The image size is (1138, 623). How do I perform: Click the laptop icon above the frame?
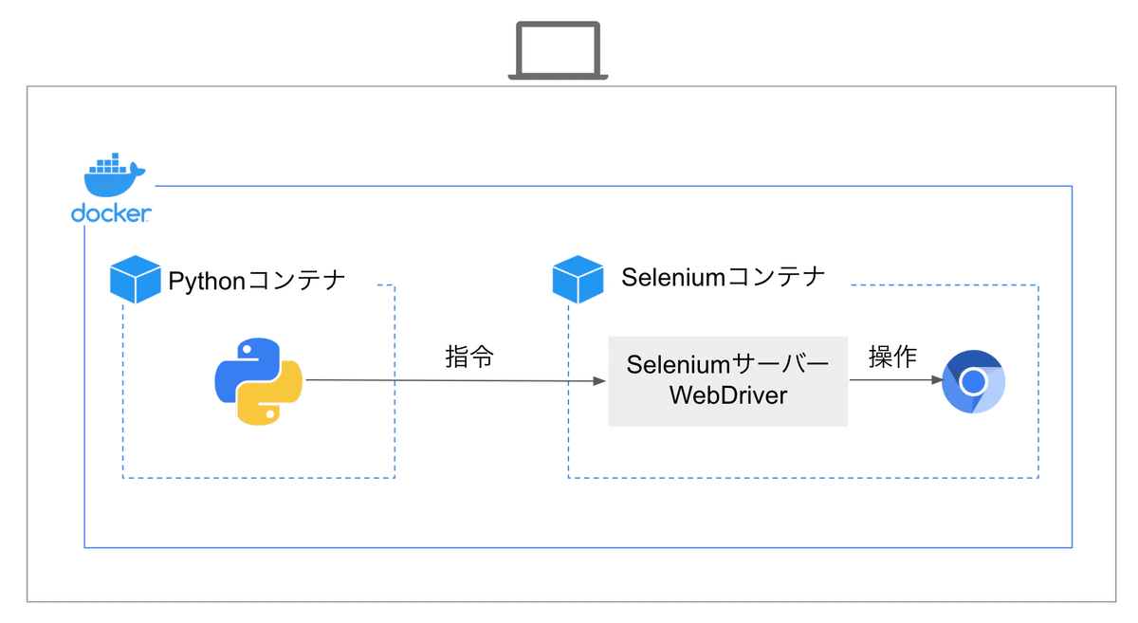[x=558, y=50]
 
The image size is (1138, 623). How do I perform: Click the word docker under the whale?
[x=111, y=214]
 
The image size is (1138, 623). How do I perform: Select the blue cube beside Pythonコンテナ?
[x=135, y=279]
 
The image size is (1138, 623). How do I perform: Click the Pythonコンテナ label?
[x=256, y=281]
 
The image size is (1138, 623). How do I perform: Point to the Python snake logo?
[x=258, y=380]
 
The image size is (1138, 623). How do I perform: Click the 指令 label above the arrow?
[x=469, y=357]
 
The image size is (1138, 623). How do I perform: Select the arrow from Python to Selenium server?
[x=455, y=381]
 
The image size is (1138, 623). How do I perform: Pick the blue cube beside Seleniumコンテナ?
[x=578, y=279]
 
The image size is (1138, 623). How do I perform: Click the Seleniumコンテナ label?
[x=724, y=277]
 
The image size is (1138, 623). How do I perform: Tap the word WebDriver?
[x=728, y=395]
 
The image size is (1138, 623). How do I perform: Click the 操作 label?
[x=892, y=357]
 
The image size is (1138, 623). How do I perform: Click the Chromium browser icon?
[x=973, y=382]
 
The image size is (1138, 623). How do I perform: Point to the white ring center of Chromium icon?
[x=973, y=382]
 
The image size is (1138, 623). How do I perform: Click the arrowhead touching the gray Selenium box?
[x=599, y=381]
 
